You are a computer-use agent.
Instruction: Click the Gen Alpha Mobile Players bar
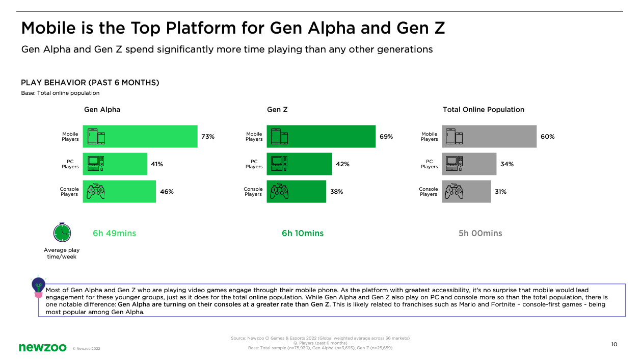pos(140,137)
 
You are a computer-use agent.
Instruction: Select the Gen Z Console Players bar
pos(296,192)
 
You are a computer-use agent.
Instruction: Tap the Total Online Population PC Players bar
pos(469,164)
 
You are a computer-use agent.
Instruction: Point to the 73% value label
pos(208,137)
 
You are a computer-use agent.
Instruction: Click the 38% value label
pos(336,192)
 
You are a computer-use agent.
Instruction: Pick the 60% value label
pos(548,137)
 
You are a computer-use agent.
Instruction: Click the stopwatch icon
pos(62,233)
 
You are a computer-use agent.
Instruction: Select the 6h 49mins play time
pos(114,233)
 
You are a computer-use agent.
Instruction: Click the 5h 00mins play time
pos(480,233)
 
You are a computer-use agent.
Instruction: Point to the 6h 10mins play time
pos(303,233)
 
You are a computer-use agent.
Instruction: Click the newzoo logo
pos(42,347)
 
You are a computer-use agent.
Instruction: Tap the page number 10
pos(614,345)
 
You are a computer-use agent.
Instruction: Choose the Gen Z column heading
pos(277,110)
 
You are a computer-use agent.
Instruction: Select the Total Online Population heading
pos(483,110)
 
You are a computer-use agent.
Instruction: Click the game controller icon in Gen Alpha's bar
pos(95,191)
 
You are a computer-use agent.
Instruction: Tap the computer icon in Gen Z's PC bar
pos(279,164)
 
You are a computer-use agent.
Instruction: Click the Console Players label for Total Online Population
pos(428,192)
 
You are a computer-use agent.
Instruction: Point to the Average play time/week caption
pos(62,253)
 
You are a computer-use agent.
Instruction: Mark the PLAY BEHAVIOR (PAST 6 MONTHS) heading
pos(90,83)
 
